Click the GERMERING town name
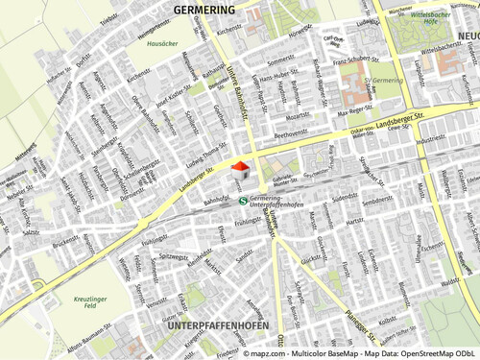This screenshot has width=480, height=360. pyautogui.click(x=204, y=9)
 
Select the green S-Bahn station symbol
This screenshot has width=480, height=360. pyautogui.click(x=243, y=200)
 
